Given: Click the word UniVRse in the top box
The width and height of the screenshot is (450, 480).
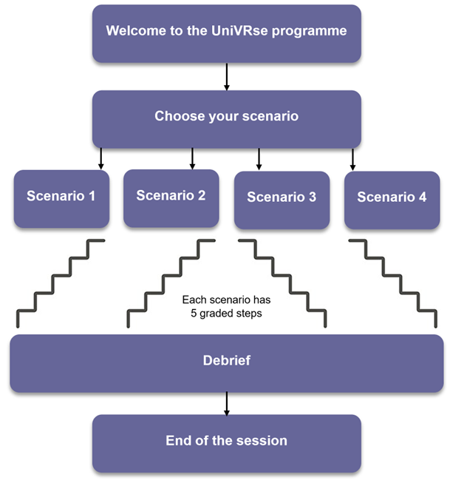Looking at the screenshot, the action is coord(239,30).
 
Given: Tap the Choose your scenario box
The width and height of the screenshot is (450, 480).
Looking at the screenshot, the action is coord(227,119).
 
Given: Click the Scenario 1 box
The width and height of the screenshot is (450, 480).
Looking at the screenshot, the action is coord(61,199).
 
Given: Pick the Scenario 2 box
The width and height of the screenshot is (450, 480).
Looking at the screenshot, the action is coord(171,198).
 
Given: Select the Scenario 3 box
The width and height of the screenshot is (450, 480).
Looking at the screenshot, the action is coord(282,200).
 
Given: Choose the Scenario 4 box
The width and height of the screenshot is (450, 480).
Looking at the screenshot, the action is coord(392,200).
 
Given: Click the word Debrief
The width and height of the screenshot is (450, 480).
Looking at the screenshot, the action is coord(227,360).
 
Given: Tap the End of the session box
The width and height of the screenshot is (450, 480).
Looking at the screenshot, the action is coord(227,444).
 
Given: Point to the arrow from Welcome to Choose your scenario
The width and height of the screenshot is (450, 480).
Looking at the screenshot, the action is coord(227,77).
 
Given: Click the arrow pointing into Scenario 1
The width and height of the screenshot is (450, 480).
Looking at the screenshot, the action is coord(101,159).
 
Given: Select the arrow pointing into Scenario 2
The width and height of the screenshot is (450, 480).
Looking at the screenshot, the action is coord(192,158).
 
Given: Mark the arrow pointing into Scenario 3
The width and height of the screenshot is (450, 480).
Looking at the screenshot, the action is coord(259,159).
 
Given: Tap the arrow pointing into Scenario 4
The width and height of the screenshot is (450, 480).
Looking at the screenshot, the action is coord(352,160).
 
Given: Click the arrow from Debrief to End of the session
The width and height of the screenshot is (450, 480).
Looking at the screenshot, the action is coord(227,404).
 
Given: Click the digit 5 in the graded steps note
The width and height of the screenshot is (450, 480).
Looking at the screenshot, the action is coord(194,313).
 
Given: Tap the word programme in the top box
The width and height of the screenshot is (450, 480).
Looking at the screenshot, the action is coord(310,31).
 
